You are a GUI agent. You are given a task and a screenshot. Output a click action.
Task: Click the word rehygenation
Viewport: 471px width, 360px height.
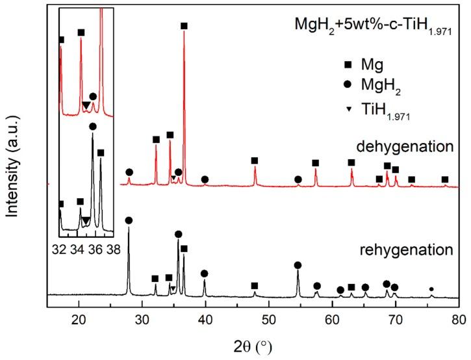[414, 250]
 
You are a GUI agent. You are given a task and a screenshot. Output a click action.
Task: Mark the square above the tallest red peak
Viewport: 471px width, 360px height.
[184, 26]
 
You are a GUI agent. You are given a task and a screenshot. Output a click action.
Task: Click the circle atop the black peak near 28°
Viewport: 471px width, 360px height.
[129, 221]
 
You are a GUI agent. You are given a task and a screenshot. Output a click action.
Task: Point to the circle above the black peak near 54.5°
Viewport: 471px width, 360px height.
[298, 265]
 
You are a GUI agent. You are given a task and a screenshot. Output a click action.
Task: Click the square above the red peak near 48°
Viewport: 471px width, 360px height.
[255, 161]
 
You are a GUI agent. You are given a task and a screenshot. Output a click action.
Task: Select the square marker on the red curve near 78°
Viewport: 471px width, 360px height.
[445, 179]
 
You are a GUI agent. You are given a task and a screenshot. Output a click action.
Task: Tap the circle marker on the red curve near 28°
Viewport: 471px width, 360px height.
[129, 172]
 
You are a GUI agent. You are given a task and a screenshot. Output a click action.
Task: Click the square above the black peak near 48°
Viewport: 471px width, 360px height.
[255, 286]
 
